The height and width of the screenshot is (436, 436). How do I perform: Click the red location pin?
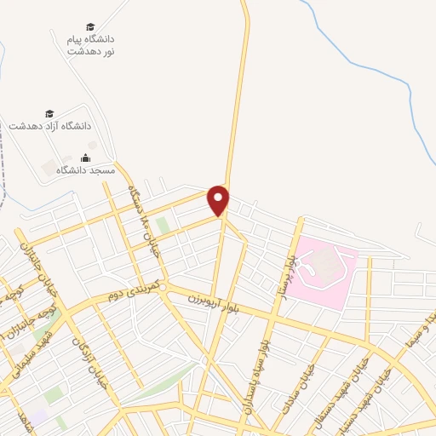pos(220,199)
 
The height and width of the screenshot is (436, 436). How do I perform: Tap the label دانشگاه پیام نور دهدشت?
pos(92,45)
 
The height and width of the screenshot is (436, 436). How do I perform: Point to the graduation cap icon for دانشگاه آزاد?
pos(49,113)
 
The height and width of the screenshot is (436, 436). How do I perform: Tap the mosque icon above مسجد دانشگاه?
pos(85,158)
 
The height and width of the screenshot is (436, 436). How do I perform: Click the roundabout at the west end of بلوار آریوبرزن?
pos(162,286)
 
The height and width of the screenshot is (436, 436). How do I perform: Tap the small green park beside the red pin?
pos(162,225)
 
